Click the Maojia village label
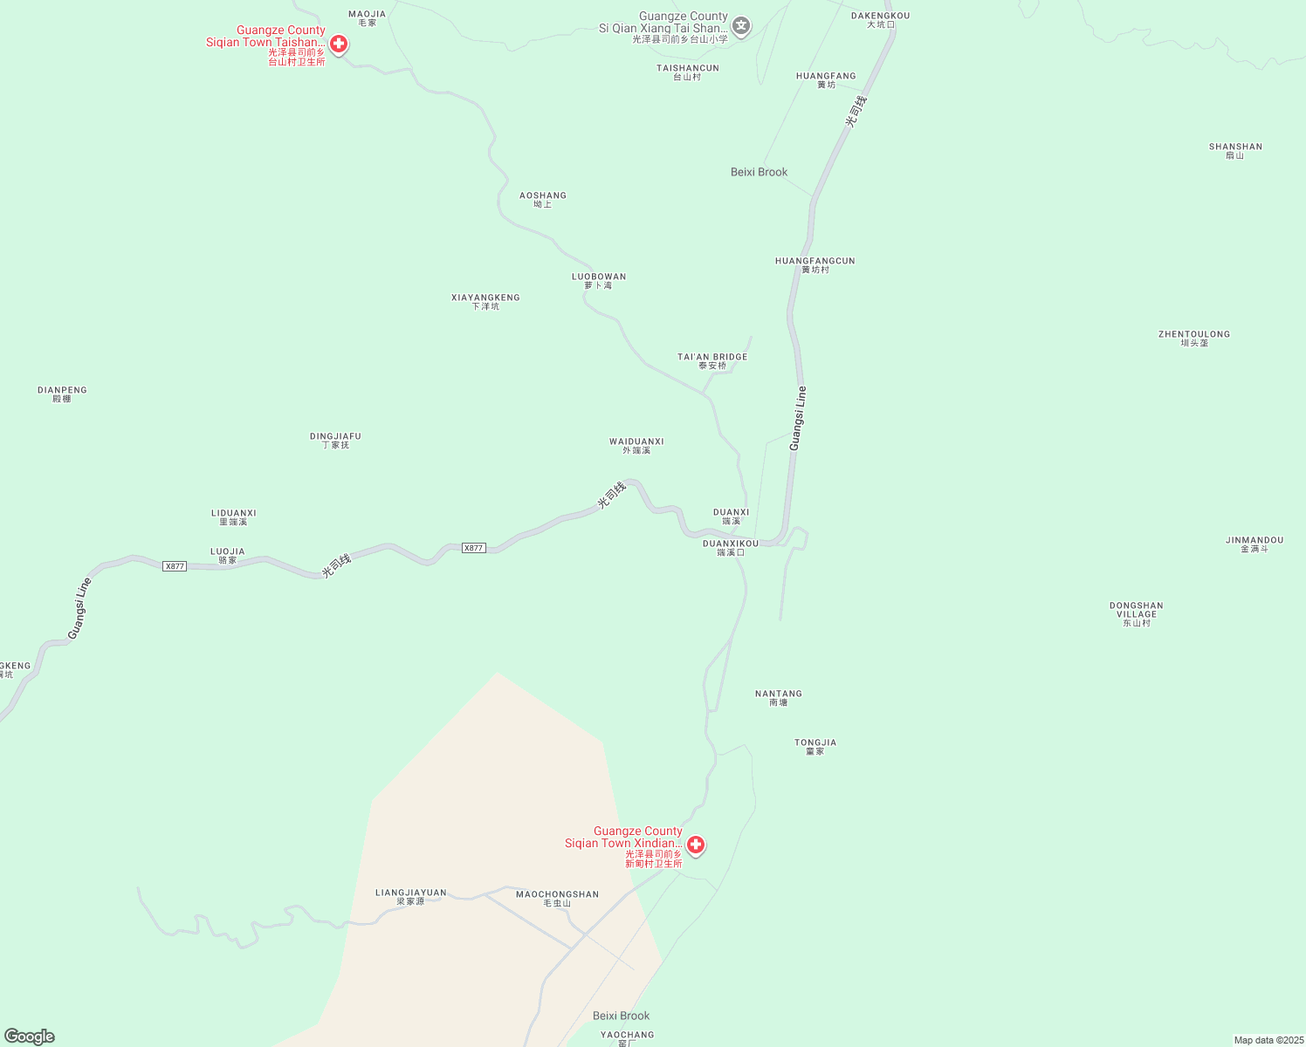(367, 17)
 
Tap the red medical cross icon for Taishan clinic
(339, 44)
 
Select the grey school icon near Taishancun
(741, 25)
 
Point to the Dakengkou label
(880, 19)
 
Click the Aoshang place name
(543, 199)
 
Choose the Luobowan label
(599, 280)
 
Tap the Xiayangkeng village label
(485, 301)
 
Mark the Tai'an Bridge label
(712, 360)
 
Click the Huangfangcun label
(815, 264)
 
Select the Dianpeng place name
(62, 393)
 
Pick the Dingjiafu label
(335, 440)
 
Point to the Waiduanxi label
(636, 445)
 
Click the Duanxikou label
(731, 547)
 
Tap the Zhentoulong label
(1194, 338)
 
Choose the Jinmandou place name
(1254, 544)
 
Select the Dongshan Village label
(1137, 613)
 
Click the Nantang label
(779, 697)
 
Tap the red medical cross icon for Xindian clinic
(696, 845)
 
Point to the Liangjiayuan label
(410, 896)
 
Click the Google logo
(30, 1037)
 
